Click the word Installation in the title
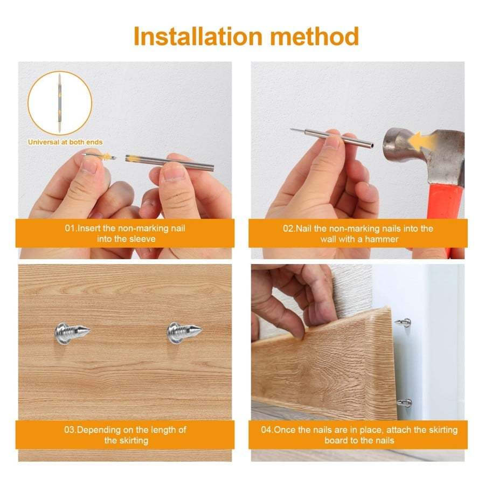tap(197, 36)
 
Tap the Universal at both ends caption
tap(65, 142)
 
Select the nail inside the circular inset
tap(60, 103)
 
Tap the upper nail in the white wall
tap(403, 322)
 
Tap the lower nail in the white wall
tap(404, 403)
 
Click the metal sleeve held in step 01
tap(170, 161)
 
